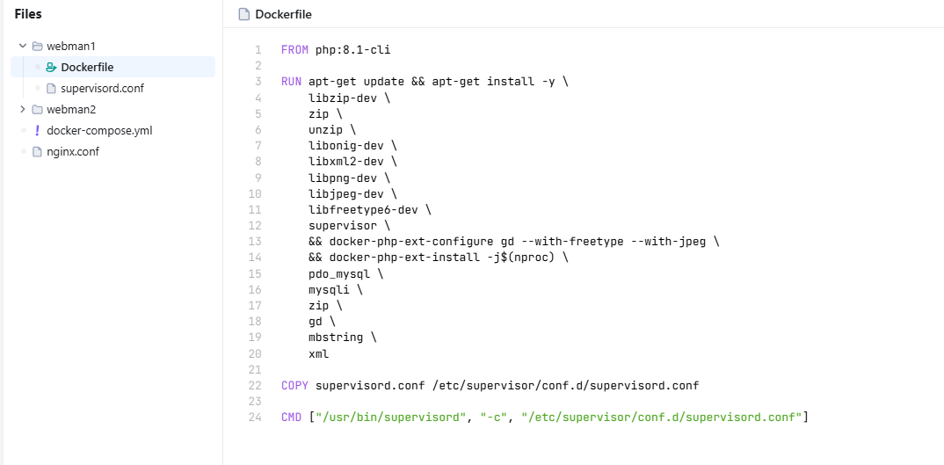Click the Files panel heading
point(28,14)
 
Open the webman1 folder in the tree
point(70,46)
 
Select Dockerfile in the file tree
point(86,67)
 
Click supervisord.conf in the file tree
point(102,88)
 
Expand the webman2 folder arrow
point(23,109)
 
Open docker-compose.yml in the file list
point(99,130)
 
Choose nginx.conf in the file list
point(73,151)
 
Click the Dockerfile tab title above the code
point(283,14)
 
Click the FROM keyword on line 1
point(294,50)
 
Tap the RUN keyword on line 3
point(291,82)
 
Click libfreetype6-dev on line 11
point(363,209)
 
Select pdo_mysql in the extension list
point(333,273)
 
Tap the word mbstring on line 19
point(336,337)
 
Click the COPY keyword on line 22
point(294,385)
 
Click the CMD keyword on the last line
point(291,417)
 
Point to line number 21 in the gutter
point(255,369)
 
